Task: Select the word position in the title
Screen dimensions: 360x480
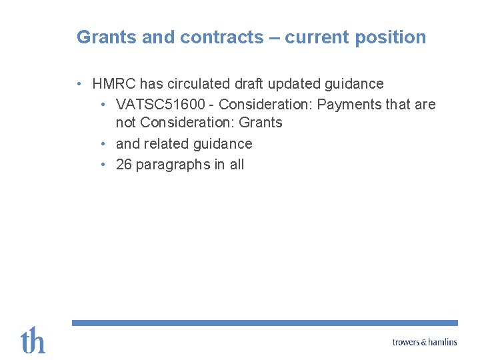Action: pyautogui.click(x=391, y=38)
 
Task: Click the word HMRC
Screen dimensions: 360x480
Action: pyautogui.click(x=113, y=84)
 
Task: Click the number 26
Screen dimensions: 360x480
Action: pyautogui.click(x=124, y=165)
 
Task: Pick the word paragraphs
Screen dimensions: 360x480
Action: pyautogui.click(x=173, y=165)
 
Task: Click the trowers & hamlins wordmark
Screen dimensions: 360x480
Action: pyautogui.click(x=425, y=342)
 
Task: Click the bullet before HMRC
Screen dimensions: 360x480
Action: pyautogui.click(x=79, y=84)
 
